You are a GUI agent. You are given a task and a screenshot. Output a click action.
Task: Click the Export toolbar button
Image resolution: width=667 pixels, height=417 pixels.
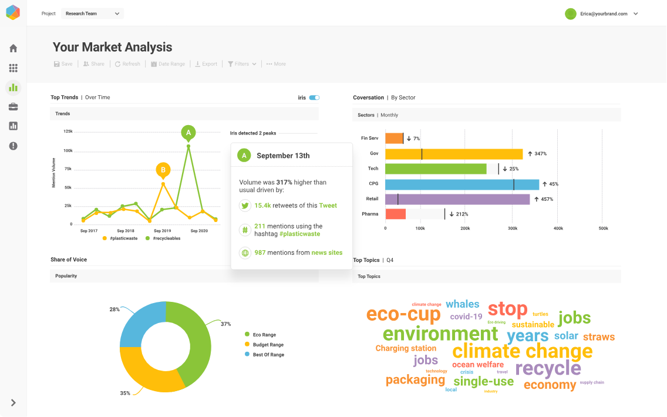coord(206,64)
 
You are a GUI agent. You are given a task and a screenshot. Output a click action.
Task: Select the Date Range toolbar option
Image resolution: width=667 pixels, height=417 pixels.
coord(168,64)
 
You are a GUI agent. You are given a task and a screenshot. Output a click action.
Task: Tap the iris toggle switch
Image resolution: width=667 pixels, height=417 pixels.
coord(314,97)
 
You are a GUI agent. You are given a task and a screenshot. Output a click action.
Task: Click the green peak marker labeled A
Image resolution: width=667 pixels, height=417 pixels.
coord(188,133)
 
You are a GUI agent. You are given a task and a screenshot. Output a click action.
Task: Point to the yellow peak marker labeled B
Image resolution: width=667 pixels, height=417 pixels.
coord(163,170)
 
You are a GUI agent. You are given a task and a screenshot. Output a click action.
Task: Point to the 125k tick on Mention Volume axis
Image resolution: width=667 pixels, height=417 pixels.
coord(68,132)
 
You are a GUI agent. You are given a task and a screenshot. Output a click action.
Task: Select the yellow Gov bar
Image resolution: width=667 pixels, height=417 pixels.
coord(454,154)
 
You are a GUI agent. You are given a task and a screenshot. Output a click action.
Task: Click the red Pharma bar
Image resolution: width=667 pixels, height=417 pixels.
coord(396,214)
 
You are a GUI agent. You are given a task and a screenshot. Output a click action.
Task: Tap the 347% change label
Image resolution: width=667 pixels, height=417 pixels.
coord(537,154)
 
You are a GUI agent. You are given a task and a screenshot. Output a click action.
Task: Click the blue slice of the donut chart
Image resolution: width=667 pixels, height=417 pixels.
coord(142,325)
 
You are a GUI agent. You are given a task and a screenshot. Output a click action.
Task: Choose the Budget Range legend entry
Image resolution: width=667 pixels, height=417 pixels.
coord(268,345)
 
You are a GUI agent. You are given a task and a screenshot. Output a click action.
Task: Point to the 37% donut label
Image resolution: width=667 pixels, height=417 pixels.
coord(225,324)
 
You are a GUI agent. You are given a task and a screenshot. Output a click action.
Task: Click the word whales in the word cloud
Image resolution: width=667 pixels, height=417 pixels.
coord(463,304)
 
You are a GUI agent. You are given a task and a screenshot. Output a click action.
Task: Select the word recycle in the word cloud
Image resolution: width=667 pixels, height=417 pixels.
coord(548,368)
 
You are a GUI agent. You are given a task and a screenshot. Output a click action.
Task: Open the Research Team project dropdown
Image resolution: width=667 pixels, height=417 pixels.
coord(92,14)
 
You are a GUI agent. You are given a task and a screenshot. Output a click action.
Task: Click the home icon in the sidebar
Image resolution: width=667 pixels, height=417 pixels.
coord(13,48)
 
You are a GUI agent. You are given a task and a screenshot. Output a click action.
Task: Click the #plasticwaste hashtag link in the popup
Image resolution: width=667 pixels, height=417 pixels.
coord(300,233)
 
